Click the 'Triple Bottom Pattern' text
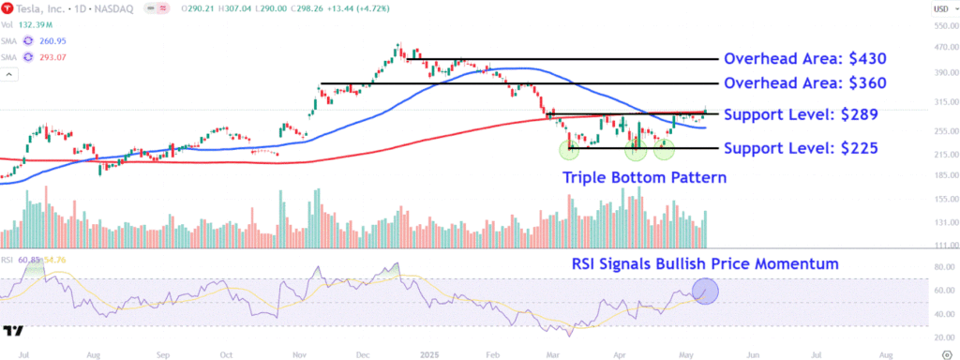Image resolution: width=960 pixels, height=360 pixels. [x=644, y=177]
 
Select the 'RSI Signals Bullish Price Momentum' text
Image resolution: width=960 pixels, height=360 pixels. [x=705, y=264]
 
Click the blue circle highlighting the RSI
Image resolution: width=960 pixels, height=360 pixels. [x=704, y=291]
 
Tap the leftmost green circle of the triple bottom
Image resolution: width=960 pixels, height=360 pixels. [x=569, y=149]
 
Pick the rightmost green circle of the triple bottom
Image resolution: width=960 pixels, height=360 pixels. [x=664, y=148]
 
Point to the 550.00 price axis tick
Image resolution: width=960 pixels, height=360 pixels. [x=938, y=25]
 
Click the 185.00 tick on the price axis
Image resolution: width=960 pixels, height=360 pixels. [x=938, y=175]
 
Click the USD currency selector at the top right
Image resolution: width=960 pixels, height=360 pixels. [x=939, y=9]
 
